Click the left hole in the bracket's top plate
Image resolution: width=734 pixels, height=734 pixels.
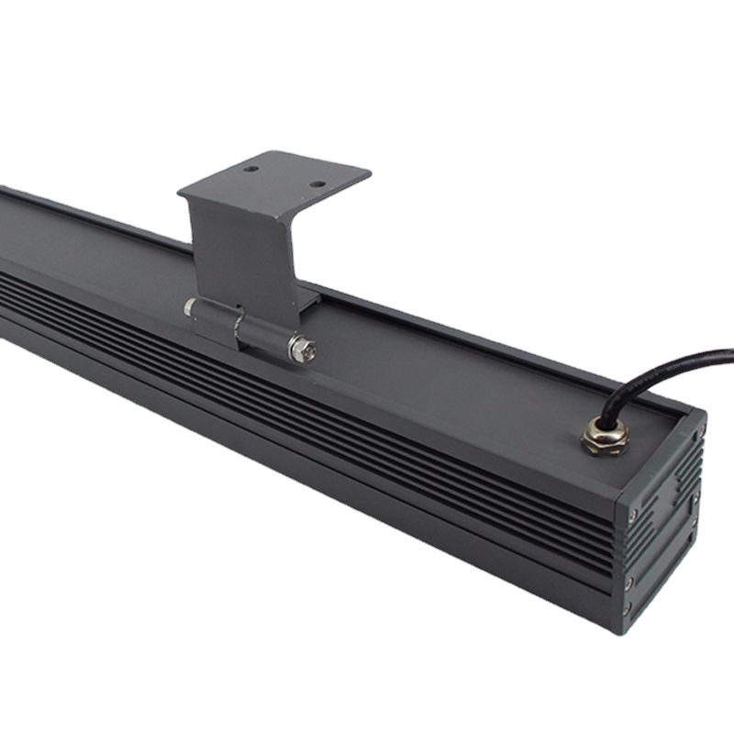(251, 169)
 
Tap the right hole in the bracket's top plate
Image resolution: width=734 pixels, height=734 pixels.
(317, 183)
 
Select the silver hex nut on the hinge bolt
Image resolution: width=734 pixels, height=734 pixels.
(302, 349)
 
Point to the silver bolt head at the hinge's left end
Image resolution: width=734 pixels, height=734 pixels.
(189, 307)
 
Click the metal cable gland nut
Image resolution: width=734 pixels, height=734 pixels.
(604, 434)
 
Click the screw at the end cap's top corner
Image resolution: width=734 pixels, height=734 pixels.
(699, 428)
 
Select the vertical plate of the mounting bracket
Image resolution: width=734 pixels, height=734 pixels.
(240, 248)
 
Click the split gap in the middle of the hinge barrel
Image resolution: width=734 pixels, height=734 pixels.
(237, 323)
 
